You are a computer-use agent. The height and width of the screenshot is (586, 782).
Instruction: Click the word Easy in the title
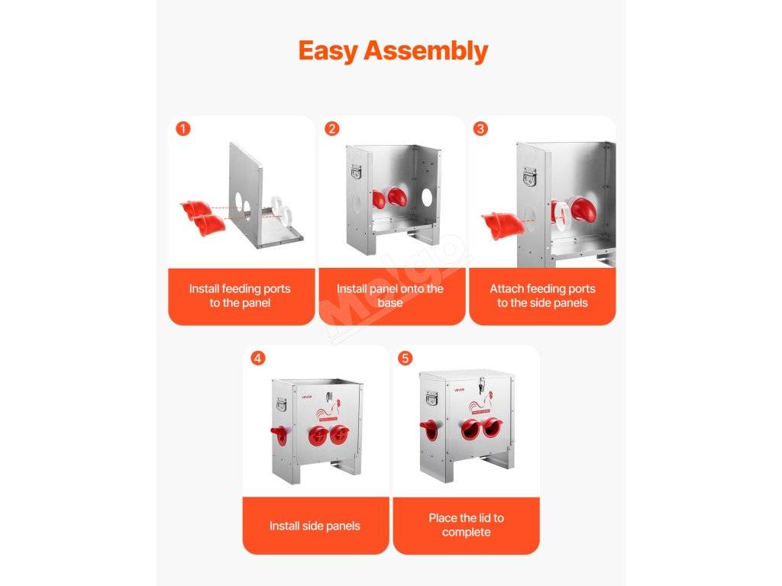pyautogui.click(x=328, y=51)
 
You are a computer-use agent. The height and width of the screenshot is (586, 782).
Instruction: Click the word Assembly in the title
pyautogui.click(x=426, y=51)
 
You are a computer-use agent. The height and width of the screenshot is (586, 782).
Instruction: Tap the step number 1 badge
pyautogui.click(x=183, y=128)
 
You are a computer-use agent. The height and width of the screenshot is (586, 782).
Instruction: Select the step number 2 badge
pyautogui.click(x=331, y=128)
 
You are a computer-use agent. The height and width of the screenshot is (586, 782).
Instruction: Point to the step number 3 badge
pyautogui.click(x=480, y=128)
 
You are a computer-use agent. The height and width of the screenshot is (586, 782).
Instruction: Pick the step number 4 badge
pyautogui.click(x=257, y=358)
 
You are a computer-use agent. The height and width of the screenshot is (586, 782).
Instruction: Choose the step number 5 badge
pyautogui.click(x=405, y=358)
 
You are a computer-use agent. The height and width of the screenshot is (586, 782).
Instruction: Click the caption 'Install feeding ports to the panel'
pyautogui.click(x=240, y=295)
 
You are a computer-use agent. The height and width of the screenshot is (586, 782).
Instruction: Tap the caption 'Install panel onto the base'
pyautogui.click(x=390, y=295)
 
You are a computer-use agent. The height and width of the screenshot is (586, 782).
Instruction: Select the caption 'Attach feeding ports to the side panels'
pyautogui.click(x=543, y=295)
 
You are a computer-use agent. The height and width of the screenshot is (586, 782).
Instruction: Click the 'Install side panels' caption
pyautogui.click(x=315, y=526)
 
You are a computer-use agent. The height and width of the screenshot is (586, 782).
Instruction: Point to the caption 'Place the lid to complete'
pyautogui.click(x=467, y=525)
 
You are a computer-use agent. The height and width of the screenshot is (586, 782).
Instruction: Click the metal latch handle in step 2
pyautogui.click(x=356, y=172)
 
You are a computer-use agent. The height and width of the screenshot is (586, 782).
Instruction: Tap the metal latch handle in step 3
pyautogui.click(x=530, y=176)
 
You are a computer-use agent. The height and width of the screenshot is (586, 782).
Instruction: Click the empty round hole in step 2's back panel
pyautogui.click(x=427, y=198)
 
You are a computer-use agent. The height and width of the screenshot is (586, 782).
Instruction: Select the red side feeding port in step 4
pyautogui.click(x=279, y=434)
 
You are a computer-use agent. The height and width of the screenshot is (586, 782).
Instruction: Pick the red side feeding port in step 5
pyautogui.click(x=428, y=430)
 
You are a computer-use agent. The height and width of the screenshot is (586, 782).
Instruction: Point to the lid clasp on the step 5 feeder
pyautogui.click(x=481, y=385)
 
